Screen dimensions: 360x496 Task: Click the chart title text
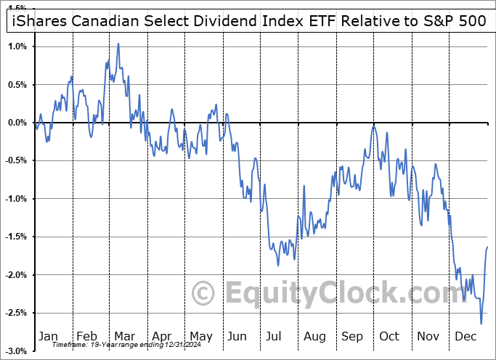pos(248,21)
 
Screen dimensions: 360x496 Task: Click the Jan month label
pos(48,336)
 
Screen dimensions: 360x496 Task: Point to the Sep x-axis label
pos(351,336)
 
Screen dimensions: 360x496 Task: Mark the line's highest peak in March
pos(118,44)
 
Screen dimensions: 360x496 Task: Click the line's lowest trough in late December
pos(480,324)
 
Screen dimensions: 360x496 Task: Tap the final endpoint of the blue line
pos(487,247)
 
